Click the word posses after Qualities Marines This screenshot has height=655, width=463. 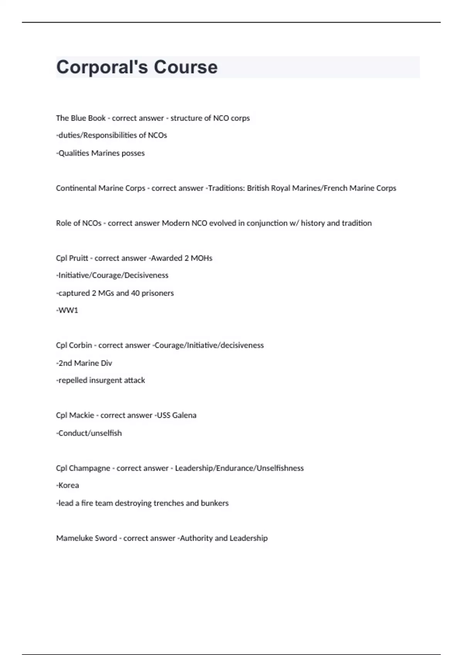coord(133,153)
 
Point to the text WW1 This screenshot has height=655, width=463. coord(68,311)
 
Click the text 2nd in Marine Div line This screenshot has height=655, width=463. coord(65,363)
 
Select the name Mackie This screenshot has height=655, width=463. coord(81,415)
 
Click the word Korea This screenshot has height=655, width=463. coord(69,485)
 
